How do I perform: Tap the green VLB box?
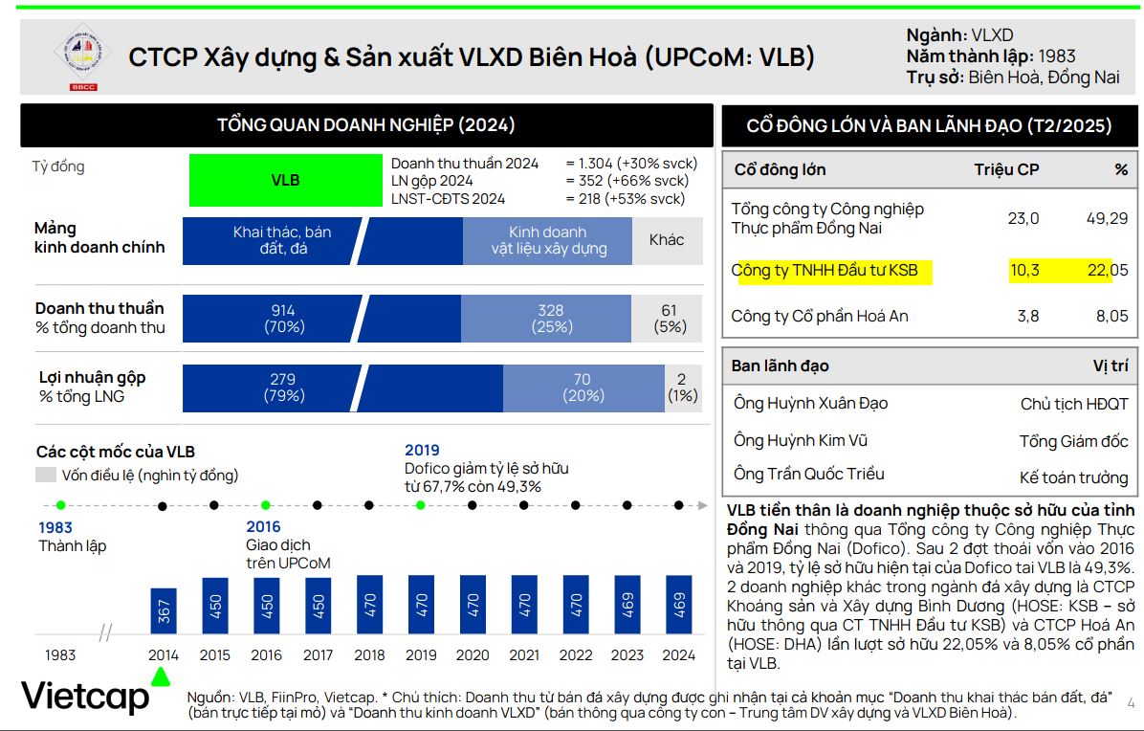[285, 180]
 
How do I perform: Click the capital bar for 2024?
[679, 605]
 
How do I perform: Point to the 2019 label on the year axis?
[421, 655]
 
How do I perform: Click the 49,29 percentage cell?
[1108, 218]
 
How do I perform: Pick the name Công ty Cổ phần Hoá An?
[820, 316]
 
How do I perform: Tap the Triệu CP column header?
[1006, 169]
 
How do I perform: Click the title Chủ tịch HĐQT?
[1074, 404]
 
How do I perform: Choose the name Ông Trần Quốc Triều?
[808, 474]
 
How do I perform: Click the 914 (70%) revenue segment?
[283, 319]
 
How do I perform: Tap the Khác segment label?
[667, 240]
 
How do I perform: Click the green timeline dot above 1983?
[60, 504]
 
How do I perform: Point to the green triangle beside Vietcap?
[161, 676]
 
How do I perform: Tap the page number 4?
[1131, 704]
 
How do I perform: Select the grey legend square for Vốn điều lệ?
[46, 475]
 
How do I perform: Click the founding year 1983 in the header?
[1056, 56]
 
